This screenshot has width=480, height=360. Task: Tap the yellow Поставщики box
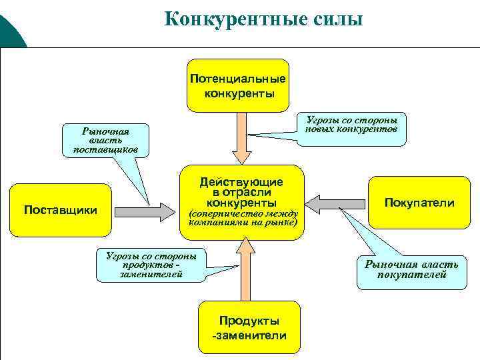coord(60,210)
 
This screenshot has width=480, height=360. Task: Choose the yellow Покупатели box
coord(419,203)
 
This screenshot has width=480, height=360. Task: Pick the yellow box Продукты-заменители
coord(249,328)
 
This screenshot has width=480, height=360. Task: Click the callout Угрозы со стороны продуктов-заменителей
coord(151,264)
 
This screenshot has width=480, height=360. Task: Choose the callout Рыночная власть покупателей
coord(411,269)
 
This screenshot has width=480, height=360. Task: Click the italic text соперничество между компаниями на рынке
coord(242,218)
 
